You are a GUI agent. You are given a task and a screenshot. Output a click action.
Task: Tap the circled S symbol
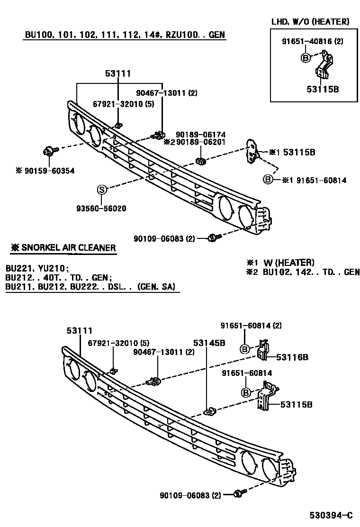tap(101, 190)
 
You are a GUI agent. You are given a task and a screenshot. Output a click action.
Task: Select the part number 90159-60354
tap(45, 171)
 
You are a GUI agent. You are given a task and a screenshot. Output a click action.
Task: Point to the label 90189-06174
tap(200, 135)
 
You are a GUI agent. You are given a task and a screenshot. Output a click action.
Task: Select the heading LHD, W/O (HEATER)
tap(310, 22)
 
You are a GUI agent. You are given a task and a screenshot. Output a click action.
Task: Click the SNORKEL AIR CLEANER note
tap(63, 248)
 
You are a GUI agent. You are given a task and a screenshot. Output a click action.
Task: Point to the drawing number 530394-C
tap(332, 515)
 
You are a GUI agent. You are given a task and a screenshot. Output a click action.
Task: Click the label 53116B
tap(292, 357)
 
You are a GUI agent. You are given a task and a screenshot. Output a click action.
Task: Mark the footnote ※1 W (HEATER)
tap(280, 263)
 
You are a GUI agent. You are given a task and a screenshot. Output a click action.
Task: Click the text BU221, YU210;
tap(37, 268)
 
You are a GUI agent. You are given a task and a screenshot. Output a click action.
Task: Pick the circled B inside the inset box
tap(306, 58)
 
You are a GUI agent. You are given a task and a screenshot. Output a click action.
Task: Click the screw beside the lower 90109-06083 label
tap(239, 495)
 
